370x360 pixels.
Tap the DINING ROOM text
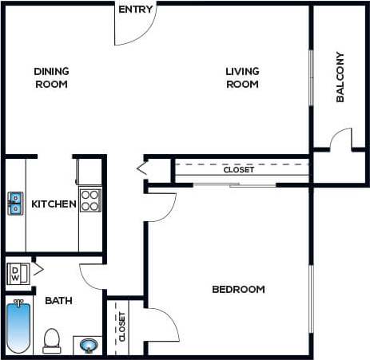point(50,77)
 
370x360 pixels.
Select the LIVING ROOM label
point(242,77)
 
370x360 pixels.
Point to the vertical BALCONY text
point(340,77)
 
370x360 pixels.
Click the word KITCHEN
point(54,204)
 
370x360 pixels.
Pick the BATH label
point(59,301)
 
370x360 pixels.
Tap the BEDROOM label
point(238,289)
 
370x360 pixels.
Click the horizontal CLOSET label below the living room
point(238,170)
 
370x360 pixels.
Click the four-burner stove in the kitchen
point(90,200)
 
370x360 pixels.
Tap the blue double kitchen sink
point(15,204)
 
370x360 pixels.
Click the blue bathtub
point(17,326)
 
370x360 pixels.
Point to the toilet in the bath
point(52,339)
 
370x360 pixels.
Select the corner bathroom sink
point(87,345)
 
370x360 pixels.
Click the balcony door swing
point(340,140)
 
